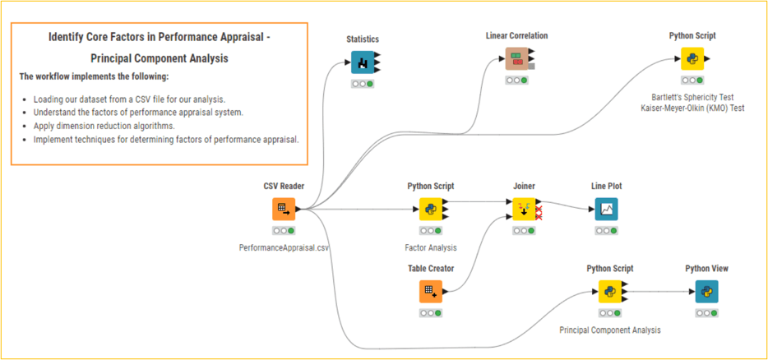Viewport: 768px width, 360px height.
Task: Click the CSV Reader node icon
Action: (283, 209)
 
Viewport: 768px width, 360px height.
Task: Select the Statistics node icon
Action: (363, 62)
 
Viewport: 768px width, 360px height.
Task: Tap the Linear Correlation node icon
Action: (516, 58)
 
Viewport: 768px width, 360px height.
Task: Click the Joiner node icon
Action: (524, 209)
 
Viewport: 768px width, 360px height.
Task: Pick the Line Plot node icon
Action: (606, 209)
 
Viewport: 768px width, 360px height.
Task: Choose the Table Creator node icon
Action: (431, 291)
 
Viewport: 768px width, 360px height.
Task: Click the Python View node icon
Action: (706, 291)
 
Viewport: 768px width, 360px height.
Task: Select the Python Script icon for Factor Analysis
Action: (431, 209)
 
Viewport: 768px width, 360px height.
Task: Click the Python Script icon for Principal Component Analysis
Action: (609, 291)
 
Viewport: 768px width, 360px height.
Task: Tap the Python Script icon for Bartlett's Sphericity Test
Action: (692, 58)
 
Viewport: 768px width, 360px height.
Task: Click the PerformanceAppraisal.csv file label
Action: (283, 247)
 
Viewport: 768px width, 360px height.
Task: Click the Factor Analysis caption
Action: (431, 247)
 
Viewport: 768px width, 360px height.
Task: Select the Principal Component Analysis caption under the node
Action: (609, 330)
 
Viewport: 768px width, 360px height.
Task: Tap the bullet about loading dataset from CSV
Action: (129, 99)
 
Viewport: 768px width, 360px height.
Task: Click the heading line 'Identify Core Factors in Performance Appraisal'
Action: (160, 38)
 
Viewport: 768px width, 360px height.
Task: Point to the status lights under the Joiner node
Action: (524, 231)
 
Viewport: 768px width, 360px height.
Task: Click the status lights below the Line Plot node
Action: (606, 231)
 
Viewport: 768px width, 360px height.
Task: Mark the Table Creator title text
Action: (431, 269)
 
